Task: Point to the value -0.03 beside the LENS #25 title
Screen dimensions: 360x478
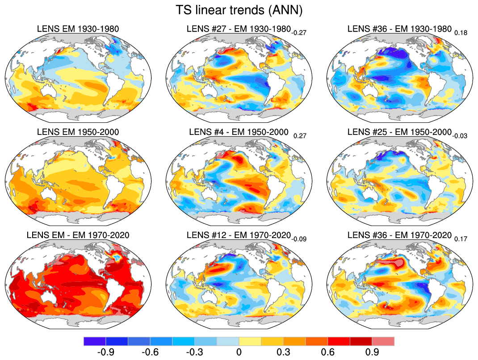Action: coord(460,135)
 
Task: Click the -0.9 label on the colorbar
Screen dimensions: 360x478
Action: coord(106,352)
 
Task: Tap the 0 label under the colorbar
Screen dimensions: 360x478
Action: coord(239,352)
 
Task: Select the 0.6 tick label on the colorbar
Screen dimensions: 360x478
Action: coord(328,352)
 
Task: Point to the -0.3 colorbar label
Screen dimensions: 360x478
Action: coord(195,352)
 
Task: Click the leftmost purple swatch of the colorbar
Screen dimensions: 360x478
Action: coord(95,341)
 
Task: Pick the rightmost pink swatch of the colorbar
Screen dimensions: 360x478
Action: coord(383,341)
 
